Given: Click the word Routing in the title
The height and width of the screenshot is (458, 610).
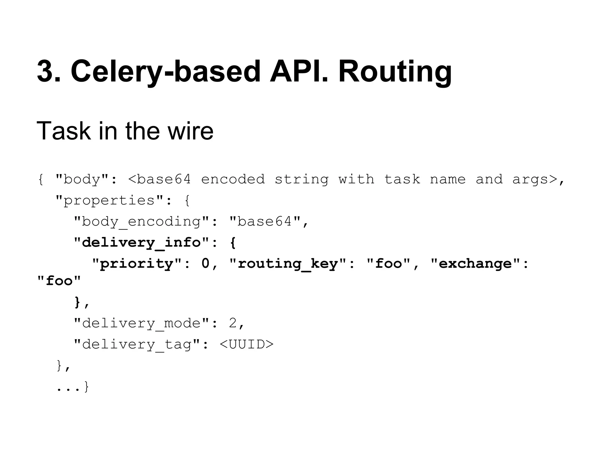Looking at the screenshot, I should pos(395,72).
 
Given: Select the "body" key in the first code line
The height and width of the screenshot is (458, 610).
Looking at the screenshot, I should pos(82,180).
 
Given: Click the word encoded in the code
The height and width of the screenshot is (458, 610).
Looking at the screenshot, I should pos(233,180).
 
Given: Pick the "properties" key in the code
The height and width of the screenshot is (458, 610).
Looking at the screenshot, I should pos(109,200).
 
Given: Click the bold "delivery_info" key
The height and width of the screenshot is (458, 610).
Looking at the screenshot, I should pos(141,243).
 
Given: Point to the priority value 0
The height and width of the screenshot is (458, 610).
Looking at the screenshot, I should pos(206,264).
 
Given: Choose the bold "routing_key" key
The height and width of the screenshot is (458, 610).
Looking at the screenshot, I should pos(288,264).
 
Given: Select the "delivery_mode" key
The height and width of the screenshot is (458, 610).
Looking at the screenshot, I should pos(141,324).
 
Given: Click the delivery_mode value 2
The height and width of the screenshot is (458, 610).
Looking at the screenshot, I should pos(232,324).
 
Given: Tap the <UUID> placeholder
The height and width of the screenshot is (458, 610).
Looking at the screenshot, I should pos(246,344).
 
